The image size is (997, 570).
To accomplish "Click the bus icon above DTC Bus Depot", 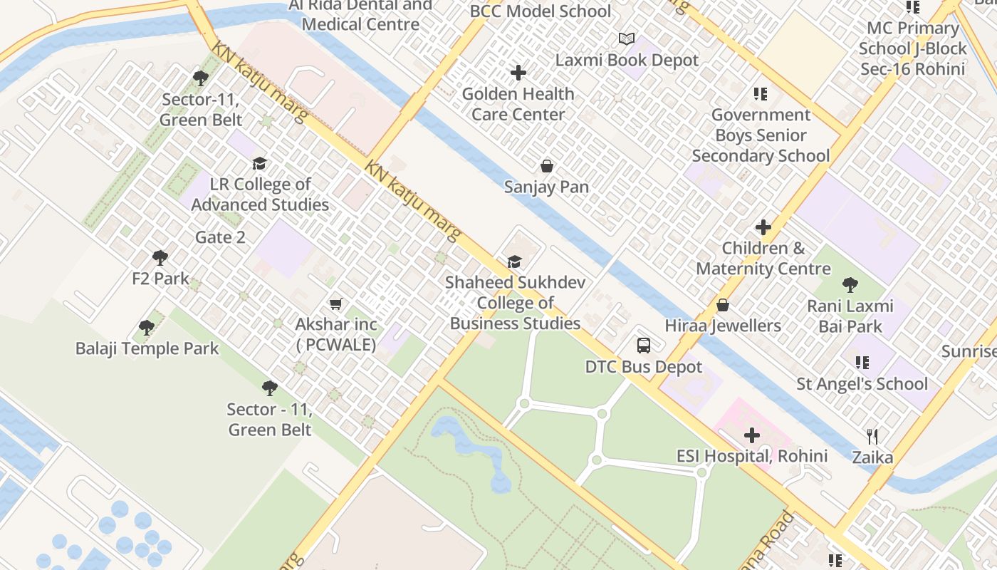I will click(x=643, y=346).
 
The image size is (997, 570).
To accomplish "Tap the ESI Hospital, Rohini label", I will click(x=751, y=456).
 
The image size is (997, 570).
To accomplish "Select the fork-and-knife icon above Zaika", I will click(x=872, y=436).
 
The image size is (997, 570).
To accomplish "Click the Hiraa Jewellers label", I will click(x=723, y=326).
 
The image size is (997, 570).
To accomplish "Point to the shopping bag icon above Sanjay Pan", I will click(x=547, y=166).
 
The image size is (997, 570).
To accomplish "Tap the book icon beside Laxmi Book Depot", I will click(x=626, y=39).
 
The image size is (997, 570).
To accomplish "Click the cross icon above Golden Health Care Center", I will click(x=518, y=73).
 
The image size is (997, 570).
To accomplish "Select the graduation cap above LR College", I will click(x=259, y=163).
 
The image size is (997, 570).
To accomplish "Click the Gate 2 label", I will click(x=220, y=237).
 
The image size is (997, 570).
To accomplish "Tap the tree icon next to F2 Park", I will click(x=160, y=257).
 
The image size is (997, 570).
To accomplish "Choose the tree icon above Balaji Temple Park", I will click(x=147, y=328).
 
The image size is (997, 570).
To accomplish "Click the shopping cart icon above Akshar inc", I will click(x=336, y=304).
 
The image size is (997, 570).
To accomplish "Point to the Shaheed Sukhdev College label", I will click(x=515, y=303).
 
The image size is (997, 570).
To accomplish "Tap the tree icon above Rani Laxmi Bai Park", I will click(x=850, y=285).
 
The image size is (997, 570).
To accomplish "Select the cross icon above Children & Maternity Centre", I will click(x=763, y=227).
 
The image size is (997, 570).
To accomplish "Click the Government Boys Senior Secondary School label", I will click(x=761, y=135).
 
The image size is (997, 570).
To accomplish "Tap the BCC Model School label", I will click(x=540, y=11).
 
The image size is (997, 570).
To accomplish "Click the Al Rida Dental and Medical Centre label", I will click(x=360, y=15).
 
